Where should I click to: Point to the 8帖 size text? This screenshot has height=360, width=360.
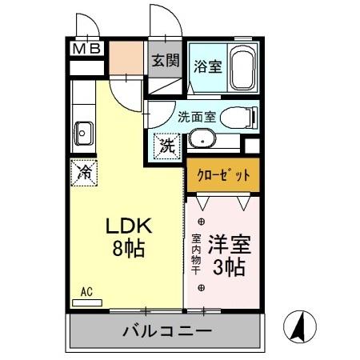tap(128, 248)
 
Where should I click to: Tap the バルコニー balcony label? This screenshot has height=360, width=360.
tap(166, 330)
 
